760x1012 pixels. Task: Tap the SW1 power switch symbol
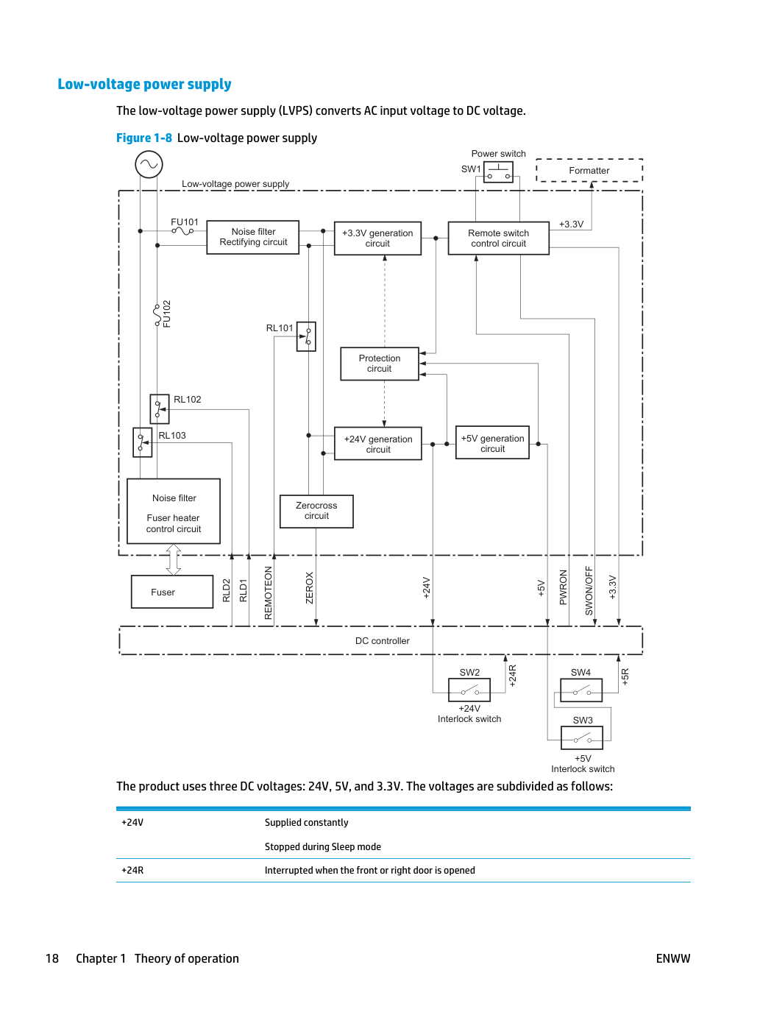(x=498, y=172)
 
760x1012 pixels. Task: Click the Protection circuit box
(x=380, y=364)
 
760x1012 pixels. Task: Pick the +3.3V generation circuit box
(x=377, y=238)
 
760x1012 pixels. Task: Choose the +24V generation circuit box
(x=378, y=444)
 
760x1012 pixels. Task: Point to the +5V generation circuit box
(x=492, y=442)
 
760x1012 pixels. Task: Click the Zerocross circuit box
(x=316, y=512)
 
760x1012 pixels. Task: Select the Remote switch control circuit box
(x=499, y=238)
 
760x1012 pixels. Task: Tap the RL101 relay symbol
(x=306, y=336)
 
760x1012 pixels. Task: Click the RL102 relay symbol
(x=160, y=409)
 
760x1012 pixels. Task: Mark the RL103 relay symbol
(x=143, y=442)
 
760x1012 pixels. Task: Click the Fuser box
(x=172, y=592)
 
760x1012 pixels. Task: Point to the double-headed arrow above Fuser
(x=174, y=559)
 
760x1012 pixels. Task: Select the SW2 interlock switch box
(x=469, y=690)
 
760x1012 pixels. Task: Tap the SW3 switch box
(x=582, y=737)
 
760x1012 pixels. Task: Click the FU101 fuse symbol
(x=182, y=231)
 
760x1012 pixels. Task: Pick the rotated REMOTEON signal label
(x=269, y=593)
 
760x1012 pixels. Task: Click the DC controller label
(x=382, y=641)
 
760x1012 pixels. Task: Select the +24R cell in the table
(x=132, y=870)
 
